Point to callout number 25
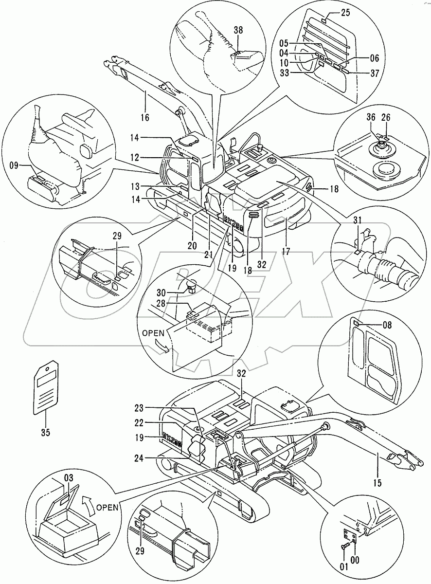point(345,13)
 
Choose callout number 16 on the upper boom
point(145,117)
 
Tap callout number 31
point(358,220)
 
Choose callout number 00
point(355,560)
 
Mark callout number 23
point(140,408)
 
